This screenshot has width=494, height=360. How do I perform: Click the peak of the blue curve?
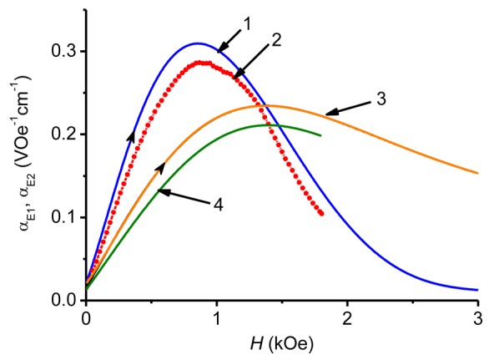198,43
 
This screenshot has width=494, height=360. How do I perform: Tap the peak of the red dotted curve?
202,62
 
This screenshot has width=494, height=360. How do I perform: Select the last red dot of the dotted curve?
321,213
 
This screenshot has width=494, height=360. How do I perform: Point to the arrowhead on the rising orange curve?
160,167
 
